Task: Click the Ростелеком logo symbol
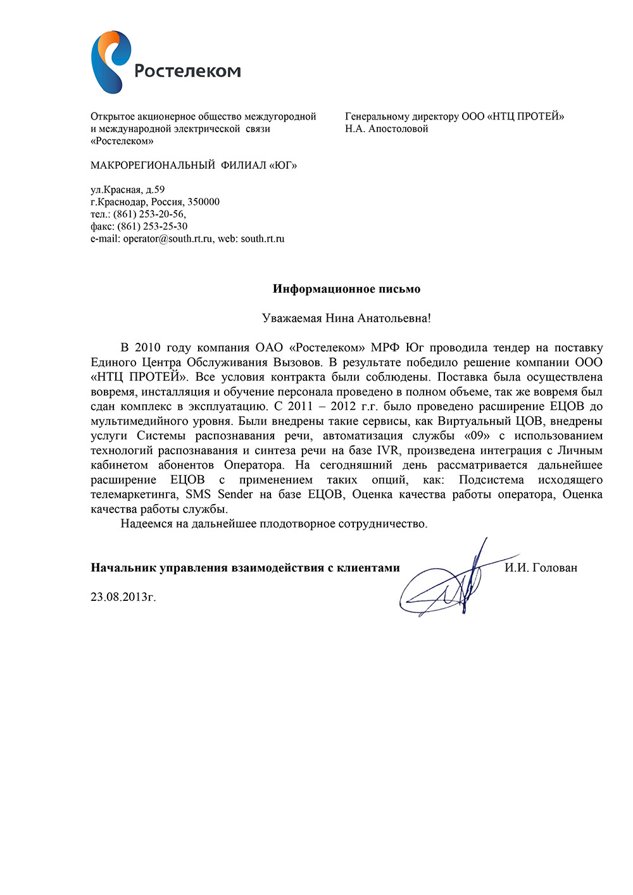pyautogui.click(x=110, y=61)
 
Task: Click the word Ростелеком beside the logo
pyautogui.click(x=187, y=71)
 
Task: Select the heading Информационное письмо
pyautogui.click(x=346, y=289)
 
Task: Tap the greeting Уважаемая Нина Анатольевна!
pyautogui.click(x=346, y=318)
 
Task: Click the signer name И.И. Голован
pyautogui.click(x=541, y=568)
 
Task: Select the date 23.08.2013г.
pyautogui.click(x=123, y=596)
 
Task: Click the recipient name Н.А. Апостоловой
pyautogui.click(x=386, y=129)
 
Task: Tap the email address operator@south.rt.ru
pyautogui.click(x=168, y=239)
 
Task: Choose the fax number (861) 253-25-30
pyautogui.click(x=153, y=226)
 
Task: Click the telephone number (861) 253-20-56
pyautogui.click(x=149, y=214)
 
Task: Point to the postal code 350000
pyautogui.click(x=203, y=202)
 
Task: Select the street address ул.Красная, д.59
pyautogui.click(x=127, y=190)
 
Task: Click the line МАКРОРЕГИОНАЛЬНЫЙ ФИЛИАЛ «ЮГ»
pyautogui.click(x=193, y=166)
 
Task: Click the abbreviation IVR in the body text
pyautogui.click(x=388, y=450)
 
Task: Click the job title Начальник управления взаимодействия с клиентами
pyautogui.click(x=245, y=568)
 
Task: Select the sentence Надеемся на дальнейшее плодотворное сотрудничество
pyautogui.click(x=273, y=524)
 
